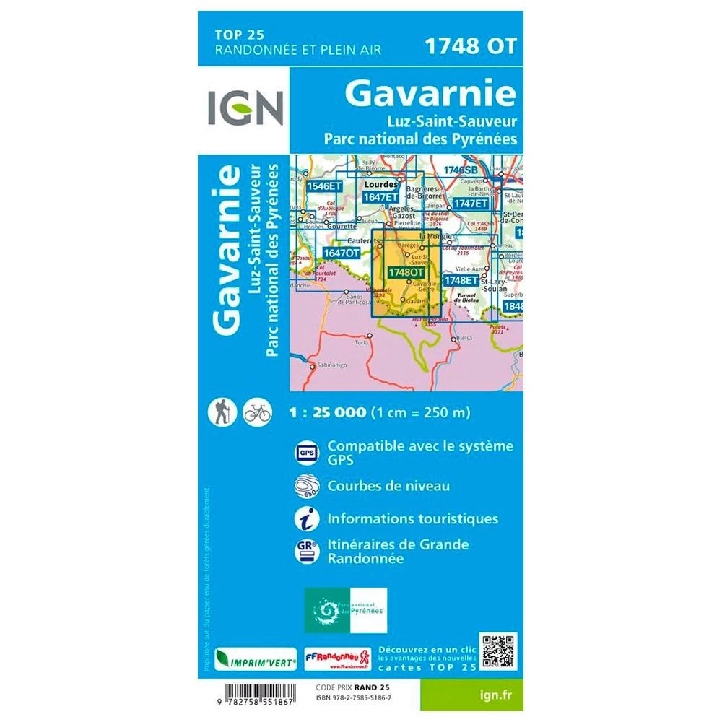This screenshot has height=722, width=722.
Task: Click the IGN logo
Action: click(244, 107)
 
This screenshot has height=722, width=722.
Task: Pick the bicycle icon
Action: click(257, 412)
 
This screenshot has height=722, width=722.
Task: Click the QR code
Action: click(499, 651)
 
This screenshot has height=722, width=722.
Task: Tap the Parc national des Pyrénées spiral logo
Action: click(345, 611)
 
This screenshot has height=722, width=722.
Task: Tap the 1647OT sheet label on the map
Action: click(341, 253)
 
